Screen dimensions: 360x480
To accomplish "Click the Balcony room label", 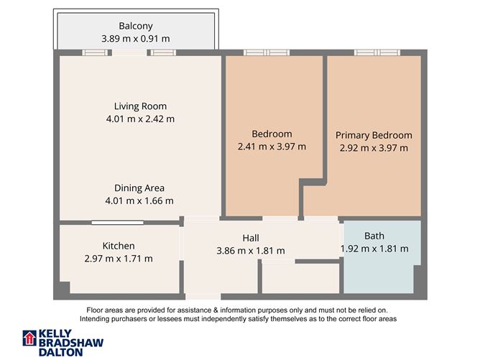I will (135, 26).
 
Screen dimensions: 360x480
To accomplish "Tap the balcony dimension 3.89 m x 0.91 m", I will (136, 39).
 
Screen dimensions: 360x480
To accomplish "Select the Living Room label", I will (140, 106).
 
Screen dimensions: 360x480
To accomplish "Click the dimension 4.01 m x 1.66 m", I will (140, 200).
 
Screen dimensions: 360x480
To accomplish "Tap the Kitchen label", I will (119, 246).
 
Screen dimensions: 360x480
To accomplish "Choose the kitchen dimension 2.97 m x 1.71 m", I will (119, 259).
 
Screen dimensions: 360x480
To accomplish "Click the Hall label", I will (250, 238).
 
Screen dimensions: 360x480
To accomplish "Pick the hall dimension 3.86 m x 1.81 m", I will (250, 251).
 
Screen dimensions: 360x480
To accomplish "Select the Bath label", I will (374, 236).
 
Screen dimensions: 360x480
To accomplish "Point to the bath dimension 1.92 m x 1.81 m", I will (374, 249).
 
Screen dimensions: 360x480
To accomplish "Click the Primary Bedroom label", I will (374, 135).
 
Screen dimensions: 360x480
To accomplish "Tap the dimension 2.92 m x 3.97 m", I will (374, 148).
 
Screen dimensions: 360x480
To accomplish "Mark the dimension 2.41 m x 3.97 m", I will (272, 147).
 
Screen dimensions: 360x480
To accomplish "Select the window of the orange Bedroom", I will (266, 52).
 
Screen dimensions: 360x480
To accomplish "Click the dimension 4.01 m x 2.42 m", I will (140, 119).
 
